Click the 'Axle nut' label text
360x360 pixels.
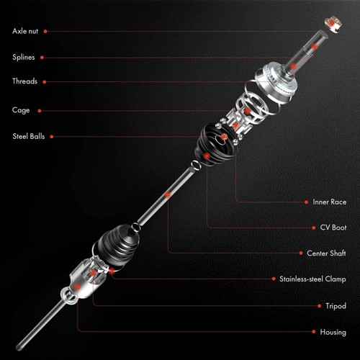pyautogui.click(x=26, y=31)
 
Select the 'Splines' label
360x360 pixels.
pyautogui.click(x=24, y=57)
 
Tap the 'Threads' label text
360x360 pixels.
pyautogui.click(x=24, y=81)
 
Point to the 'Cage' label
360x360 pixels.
pyautogui.click(x=20, y=110)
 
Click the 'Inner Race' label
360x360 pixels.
pyautogui.click(x=330, y=202)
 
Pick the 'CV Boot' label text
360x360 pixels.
pyautogui.click(x=333, y=228)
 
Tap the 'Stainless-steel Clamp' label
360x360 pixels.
pyautogui.click(x=312, y=279)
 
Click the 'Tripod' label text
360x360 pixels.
pyautogui.click(x=336, y=306)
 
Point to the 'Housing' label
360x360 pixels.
pyautogui.click(x=333, y=332)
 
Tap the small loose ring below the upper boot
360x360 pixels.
pyautogui.click(x=194, y=167)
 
